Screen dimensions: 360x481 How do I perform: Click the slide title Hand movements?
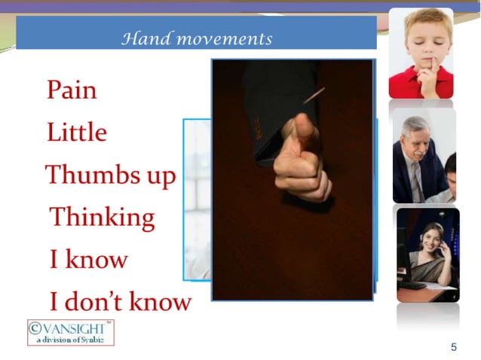tap(197, 38)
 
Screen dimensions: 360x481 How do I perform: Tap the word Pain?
tap(72, 90)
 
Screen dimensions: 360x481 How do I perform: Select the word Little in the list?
tap(76, 133)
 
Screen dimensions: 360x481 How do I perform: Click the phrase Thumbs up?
tap(111, 175)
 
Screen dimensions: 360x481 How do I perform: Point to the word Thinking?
tap(102, 218)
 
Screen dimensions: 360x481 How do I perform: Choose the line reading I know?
tap(88, 260)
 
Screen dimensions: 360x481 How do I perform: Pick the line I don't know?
tap(120, 302)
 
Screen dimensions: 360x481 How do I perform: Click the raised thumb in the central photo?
tap(305, 129)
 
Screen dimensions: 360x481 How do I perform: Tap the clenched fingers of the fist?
tap(302, 177)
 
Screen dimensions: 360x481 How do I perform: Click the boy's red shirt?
tap(411, 84)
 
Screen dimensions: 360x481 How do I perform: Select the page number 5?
tap(453, 347)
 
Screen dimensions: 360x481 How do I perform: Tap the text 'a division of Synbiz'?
tap(72, 340)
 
